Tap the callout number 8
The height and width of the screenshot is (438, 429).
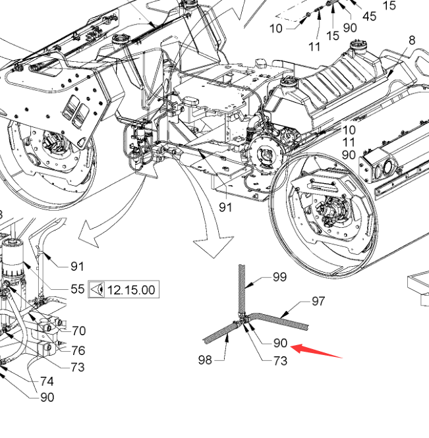412,41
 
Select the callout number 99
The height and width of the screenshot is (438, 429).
279,277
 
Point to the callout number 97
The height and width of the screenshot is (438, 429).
319,301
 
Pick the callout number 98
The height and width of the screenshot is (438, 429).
206,359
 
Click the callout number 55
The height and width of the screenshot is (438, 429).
77,289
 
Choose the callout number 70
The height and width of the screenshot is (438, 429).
79,331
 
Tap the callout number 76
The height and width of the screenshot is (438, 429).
78,350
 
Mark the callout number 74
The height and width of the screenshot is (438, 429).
47,381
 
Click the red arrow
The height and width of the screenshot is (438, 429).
316,350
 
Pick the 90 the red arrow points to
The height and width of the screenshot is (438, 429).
280,342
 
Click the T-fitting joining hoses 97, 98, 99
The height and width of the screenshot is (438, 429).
242,319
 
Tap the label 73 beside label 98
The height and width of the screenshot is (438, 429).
280,360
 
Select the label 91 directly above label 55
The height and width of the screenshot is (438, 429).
77,267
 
